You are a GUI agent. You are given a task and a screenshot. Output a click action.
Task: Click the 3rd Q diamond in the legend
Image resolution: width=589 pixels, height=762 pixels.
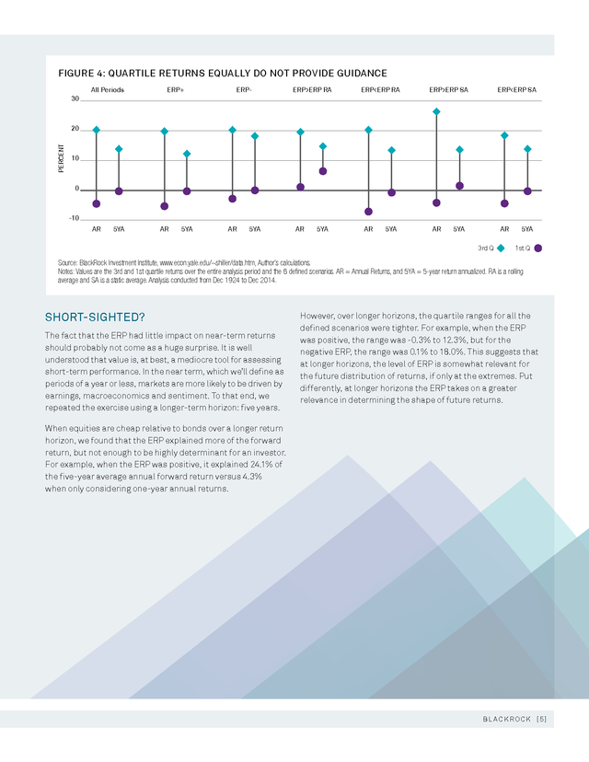tap(501, 248)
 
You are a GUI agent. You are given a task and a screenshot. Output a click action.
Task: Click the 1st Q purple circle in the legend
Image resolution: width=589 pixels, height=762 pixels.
tap(538, 248)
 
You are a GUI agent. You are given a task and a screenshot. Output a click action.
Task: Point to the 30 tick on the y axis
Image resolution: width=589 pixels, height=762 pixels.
tap(75, 98)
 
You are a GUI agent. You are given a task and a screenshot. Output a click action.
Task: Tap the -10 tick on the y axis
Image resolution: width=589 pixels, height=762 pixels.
tap(74, 218)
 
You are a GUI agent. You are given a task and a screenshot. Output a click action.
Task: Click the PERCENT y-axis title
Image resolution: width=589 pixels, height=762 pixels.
tap(61, 158)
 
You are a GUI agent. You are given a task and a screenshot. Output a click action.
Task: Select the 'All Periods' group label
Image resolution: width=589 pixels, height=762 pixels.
tap(108, 90)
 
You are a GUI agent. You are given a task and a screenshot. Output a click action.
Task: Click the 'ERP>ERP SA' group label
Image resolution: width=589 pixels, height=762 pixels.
tap(448, 90)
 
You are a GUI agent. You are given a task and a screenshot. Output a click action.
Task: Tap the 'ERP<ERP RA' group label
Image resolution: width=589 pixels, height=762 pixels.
tap(380, 90)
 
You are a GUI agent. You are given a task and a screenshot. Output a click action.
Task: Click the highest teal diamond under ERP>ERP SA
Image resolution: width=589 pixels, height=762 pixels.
tap(436, 111)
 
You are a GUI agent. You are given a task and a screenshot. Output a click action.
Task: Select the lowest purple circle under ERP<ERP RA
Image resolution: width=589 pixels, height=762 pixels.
tap(368, 212)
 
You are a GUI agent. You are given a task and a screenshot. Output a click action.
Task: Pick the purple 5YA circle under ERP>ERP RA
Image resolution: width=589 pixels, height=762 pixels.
tap(323, 171)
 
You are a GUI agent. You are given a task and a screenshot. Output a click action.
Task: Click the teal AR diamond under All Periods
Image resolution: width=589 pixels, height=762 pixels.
tap(97, 130)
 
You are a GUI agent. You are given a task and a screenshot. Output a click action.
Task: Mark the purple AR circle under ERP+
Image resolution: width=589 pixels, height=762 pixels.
tap(164, 206)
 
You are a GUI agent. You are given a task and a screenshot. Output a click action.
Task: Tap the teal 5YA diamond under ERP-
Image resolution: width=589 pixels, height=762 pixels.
tap(255, 136)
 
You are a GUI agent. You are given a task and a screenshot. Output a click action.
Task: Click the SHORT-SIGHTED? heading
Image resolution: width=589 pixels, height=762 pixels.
tap(95, 317)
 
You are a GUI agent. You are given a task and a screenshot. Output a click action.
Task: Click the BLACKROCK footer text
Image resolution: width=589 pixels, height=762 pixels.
tap(507, 720)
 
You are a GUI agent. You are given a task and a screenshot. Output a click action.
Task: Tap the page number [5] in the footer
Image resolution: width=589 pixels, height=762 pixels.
tap(541, 720)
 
